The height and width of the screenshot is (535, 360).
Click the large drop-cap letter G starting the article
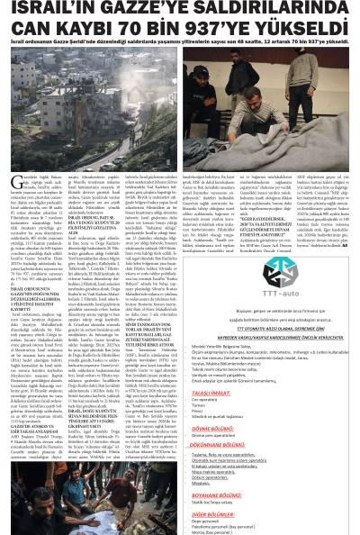8,156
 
